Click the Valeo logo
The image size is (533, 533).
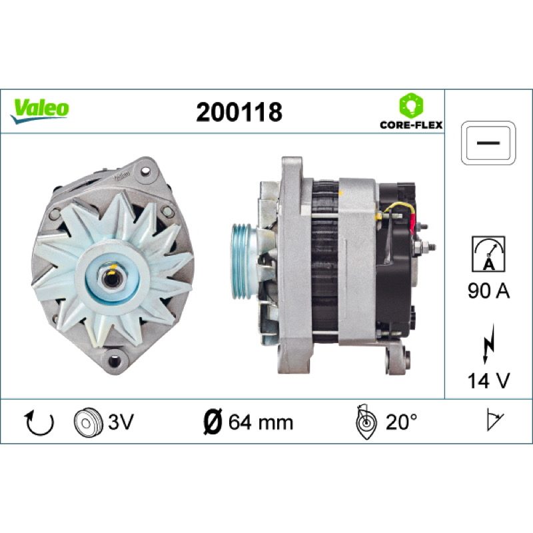pos(40,111)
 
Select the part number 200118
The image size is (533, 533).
pos(239,112)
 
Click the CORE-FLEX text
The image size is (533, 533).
pos(411,125)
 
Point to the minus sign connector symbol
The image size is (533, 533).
pos(488,143)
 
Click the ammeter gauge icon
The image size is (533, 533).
pos(488,254)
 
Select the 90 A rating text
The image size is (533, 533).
pos(488,291)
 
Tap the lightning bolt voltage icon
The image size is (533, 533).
pos(488,344)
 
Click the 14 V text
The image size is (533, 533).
pos(488,380)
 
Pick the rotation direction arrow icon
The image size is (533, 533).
pos(39,423)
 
